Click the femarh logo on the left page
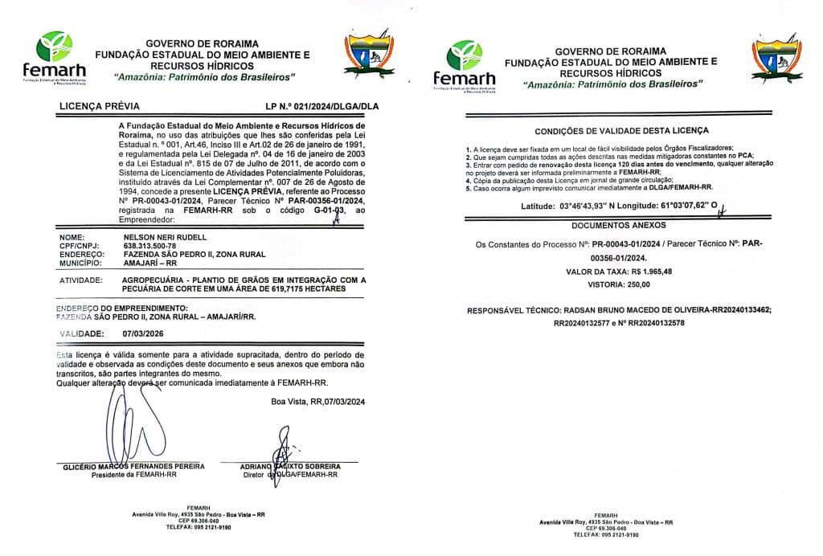click(x=54, y=57)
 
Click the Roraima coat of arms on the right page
click(x=776, y=58)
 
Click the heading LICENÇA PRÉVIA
click(x=100, y=106)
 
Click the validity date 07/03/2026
click(x=144, y=332)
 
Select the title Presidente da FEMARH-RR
click(x=133, y=474)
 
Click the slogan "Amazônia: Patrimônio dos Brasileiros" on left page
click(x=205, y=76)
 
